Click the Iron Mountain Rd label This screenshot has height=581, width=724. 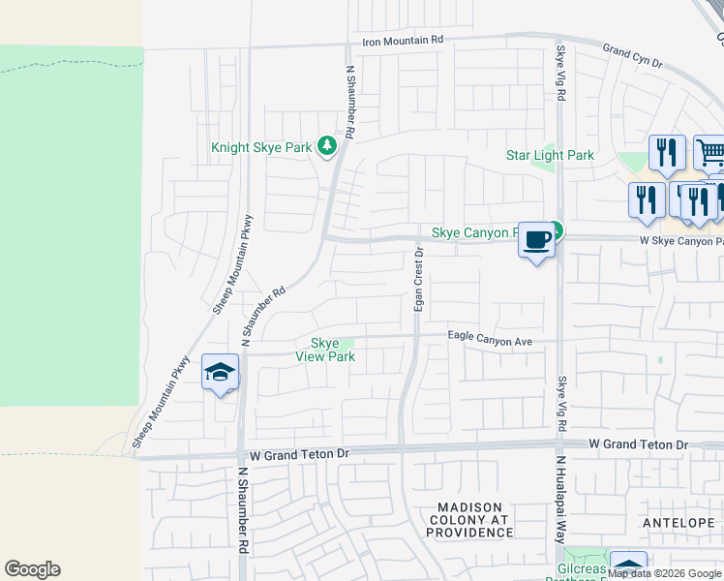[402, 40]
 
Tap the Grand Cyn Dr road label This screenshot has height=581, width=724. [631, 55]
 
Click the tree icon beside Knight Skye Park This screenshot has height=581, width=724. [327, 146]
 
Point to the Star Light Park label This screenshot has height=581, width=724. [550, 155]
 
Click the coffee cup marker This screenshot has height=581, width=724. [537, 238]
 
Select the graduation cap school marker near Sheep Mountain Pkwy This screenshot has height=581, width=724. [220, 372]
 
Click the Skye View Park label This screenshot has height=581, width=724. [325, 350]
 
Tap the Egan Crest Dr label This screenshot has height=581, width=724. [419, 278]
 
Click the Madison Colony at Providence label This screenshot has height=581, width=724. [470, 520]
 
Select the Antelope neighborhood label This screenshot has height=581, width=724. [677, 522]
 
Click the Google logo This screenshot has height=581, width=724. [32, 569]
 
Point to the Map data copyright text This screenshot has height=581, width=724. [665, 574]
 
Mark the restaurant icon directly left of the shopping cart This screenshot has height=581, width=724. [667, 152]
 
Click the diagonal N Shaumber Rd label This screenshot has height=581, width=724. [263, 317]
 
